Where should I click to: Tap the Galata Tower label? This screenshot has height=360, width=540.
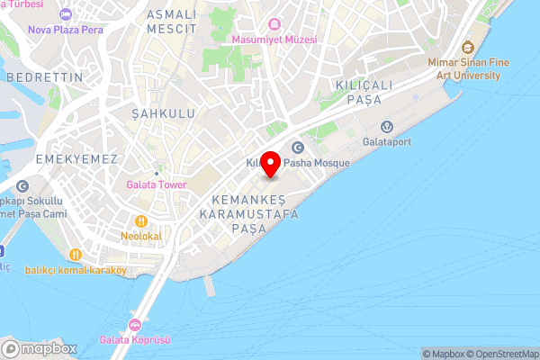156,184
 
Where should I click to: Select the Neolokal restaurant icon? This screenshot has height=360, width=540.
140,221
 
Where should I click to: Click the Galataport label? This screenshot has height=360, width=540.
387,142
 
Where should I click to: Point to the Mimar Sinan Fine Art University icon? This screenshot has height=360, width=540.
466,48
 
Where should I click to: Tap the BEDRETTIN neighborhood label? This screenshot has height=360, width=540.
44,77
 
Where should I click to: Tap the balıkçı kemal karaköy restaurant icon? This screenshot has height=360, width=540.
76,255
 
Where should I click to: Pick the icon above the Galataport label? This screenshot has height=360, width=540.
387,126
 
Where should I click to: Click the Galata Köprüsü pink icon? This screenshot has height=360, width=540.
134,324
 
